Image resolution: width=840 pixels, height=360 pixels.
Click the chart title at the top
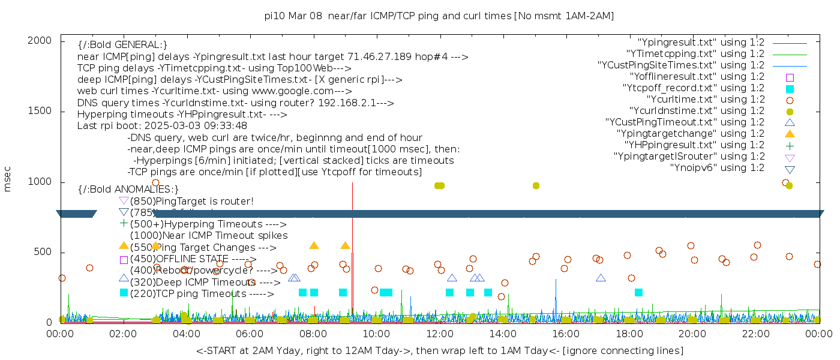click(439, 16)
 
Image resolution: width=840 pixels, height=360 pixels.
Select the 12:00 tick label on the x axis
click(439, 334)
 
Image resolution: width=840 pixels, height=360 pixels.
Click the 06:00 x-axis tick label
click(250, 334)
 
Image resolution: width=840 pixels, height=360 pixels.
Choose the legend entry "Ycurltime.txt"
click(706, 100)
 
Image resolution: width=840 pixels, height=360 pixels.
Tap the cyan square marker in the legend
click(790, 89)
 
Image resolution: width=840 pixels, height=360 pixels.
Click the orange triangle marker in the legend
click(790, 133)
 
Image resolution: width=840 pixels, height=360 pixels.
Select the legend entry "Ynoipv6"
click(716, 168)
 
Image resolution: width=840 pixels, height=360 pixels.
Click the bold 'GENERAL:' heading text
click(122, 45)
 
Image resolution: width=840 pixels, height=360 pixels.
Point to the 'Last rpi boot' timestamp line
click(162, 126)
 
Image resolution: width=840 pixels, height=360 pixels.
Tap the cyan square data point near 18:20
click(638, 293)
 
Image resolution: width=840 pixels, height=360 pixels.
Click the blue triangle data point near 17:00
click(601, 278)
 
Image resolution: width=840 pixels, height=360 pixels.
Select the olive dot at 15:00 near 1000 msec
click(536, 185)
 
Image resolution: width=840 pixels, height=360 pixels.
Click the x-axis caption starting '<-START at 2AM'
click(439, 350)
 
